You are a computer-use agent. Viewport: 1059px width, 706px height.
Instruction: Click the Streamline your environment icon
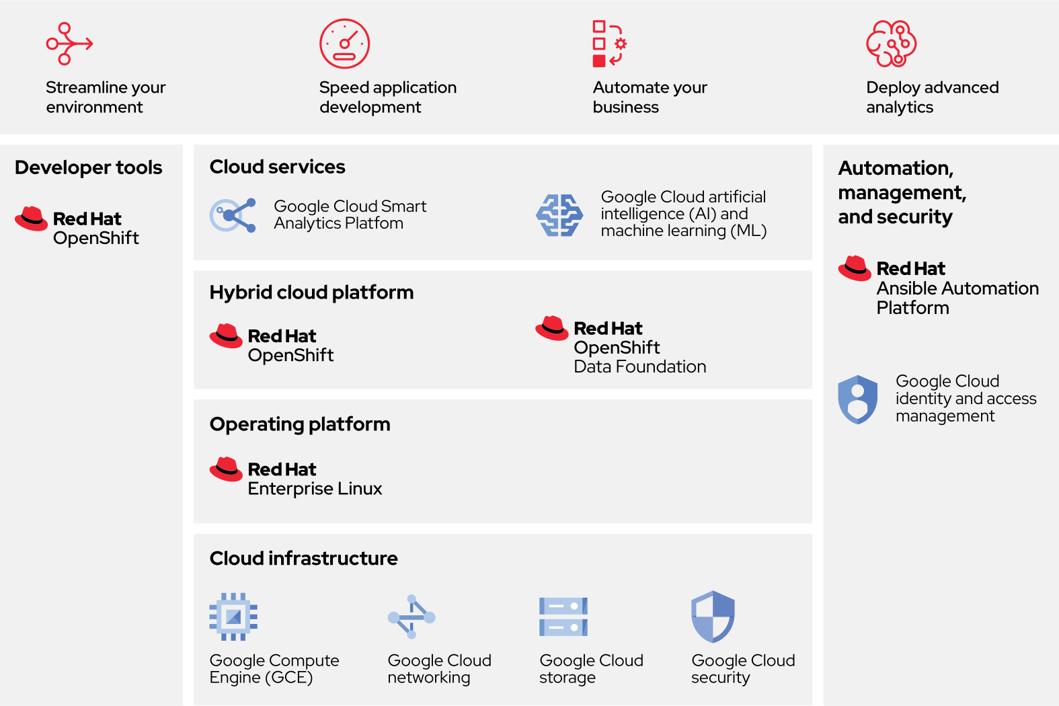69,44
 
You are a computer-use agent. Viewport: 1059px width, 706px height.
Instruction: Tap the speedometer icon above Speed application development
344,44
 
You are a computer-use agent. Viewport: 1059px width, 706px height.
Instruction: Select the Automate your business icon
609,44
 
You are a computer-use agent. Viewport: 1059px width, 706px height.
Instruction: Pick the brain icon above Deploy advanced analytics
891,44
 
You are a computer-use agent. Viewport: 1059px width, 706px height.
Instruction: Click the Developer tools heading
89,167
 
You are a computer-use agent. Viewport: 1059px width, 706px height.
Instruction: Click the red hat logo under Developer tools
31,219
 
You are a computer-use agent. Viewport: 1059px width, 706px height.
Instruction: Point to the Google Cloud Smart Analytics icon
233,215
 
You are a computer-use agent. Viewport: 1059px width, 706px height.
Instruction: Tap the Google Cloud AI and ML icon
559,215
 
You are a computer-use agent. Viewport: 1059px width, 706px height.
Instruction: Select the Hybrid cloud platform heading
311,292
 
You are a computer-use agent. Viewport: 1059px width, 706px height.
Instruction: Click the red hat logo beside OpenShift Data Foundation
552,328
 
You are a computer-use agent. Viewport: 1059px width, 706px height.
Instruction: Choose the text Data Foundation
639,366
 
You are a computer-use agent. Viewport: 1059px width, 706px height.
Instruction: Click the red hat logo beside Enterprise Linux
226,469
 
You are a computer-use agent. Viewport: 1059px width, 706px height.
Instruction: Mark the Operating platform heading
300,424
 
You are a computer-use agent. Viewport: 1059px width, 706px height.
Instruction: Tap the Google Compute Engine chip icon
233,616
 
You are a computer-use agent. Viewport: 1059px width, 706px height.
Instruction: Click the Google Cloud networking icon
411,617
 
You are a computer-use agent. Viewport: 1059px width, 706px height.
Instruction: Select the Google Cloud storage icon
563,617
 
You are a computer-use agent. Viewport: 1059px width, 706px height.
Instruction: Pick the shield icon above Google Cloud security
713,617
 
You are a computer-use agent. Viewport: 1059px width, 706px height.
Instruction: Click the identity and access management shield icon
857,399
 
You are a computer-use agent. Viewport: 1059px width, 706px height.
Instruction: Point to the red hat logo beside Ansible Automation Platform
855,268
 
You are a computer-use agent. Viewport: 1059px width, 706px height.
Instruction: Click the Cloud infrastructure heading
303,558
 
